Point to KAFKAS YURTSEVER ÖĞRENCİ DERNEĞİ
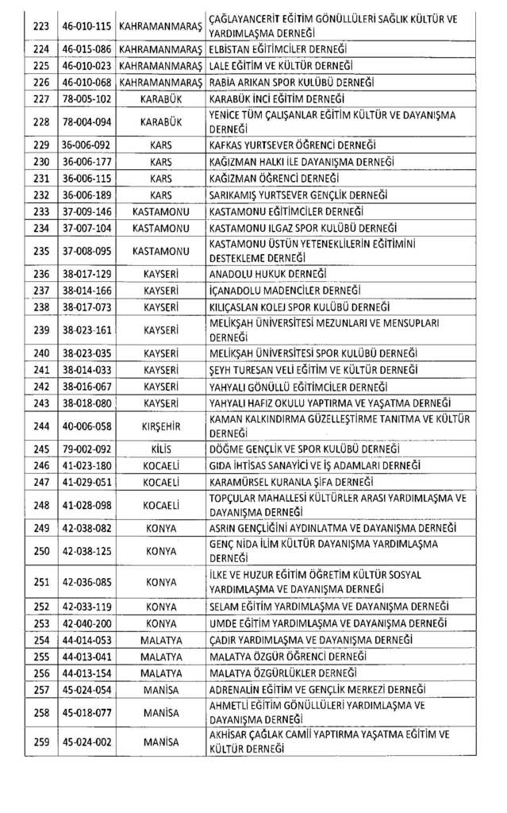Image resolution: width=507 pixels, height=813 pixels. [x=292, y=145]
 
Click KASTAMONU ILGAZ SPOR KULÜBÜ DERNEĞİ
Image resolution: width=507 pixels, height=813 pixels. [x=297, y=228]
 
